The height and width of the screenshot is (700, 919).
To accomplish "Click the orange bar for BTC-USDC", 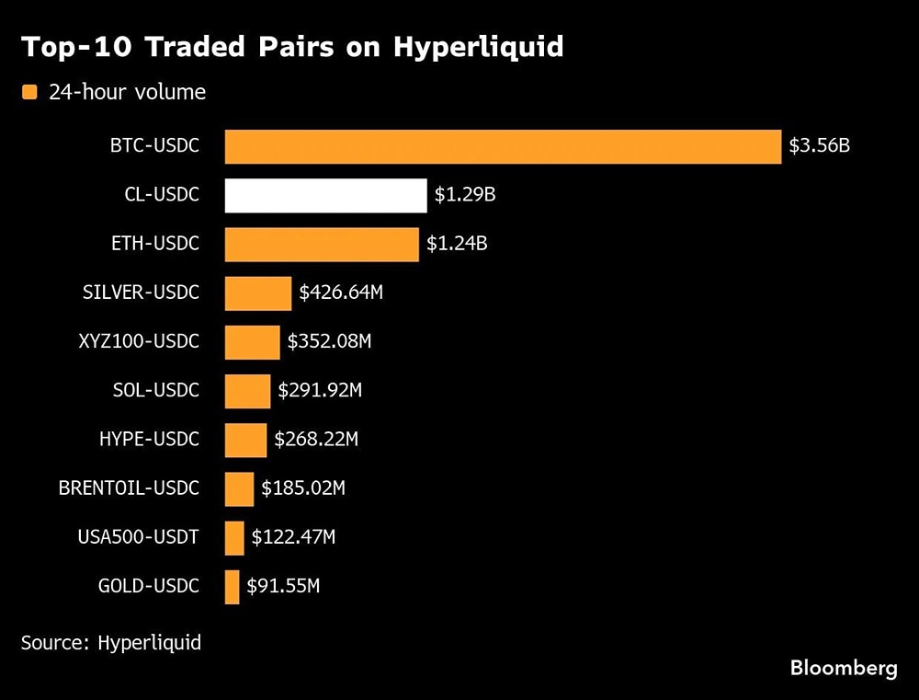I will (x=503, y=146).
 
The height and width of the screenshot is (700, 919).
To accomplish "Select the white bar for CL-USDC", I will (x=325, y=195).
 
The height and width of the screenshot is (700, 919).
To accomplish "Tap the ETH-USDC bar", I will (x=322, y=244).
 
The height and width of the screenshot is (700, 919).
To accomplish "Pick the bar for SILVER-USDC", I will (x=258, y=293).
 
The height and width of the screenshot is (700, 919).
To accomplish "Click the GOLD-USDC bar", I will (x=232, y=586).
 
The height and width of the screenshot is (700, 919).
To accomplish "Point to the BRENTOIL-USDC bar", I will (x=239, y=488).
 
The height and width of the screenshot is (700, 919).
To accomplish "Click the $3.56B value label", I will (x=819, y=146).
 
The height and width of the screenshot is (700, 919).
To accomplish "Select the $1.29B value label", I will (x=465, y=195).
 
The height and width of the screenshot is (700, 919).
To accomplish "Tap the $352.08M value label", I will (x=329, y=342).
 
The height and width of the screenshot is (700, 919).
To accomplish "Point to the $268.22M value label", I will (x=316, y=440).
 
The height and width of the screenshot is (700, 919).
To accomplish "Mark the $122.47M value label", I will (x=293, y=537).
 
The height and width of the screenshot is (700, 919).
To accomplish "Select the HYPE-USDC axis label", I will (x=149, y=440).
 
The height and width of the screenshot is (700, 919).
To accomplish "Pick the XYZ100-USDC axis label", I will (x=139, y=342).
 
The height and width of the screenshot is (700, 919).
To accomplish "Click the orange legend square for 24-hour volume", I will (x=29, y=92).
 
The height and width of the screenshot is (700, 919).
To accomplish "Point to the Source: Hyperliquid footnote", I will (x=111, y=642).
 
